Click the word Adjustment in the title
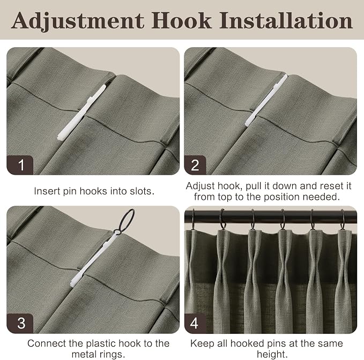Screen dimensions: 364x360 click(x=78, y=21)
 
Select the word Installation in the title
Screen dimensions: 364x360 click(x=286, y=21)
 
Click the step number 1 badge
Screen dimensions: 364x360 click(x=20, y=165)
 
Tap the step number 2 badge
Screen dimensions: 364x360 click(x=195, y=165)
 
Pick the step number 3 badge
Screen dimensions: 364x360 click(x=20, y=324)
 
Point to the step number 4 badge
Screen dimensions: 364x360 click(x=195, y=324)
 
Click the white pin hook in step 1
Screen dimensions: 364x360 click(x=81, y=113)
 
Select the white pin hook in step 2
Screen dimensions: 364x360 click(x=266, y=100)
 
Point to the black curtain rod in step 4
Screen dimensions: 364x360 click(x=270, y=217)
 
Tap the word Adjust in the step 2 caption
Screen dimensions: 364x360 click(x=200, y=186)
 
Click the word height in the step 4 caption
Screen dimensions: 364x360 click(x=272, y=354)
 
